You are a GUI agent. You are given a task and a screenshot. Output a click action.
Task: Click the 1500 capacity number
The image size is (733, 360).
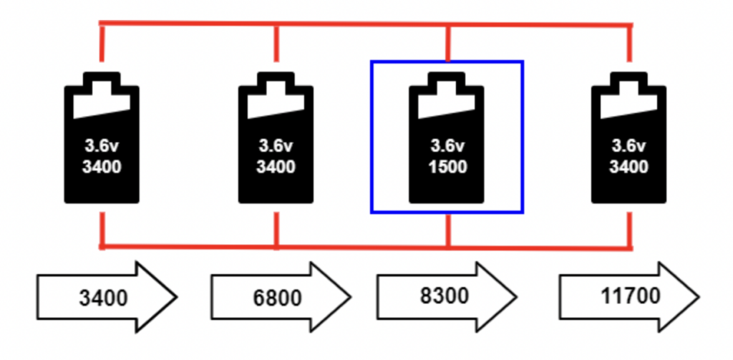coord(448,167)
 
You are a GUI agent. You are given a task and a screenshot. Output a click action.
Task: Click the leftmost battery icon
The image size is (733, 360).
coord(102,140)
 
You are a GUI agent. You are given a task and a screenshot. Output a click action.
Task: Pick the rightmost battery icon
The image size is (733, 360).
coord(629,140)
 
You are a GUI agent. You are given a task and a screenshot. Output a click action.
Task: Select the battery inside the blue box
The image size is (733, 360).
coord(447,140)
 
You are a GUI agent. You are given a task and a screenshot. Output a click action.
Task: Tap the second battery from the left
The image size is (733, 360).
coord(276,140)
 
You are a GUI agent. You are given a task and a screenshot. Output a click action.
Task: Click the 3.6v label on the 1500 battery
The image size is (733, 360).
coord(447,147)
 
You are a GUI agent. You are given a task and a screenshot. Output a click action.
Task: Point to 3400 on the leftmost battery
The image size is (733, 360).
coord(102,167)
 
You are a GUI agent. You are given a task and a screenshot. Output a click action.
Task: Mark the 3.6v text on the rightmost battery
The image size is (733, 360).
coord(629,147)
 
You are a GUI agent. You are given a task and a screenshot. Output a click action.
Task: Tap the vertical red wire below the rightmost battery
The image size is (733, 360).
coord(630,229)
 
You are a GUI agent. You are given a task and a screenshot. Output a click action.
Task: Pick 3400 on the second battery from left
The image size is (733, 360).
coord(276,167)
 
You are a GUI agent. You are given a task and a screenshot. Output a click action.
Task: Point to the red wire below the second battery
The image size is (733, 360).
coord(276,229)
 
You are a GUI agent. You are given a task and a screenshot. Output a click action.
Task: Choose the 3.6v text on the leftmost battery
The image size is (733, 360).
coord(102,147)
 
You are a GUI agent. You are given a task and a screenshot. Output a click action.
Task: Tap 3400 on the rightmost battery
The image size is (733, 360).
coord(629,167)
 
